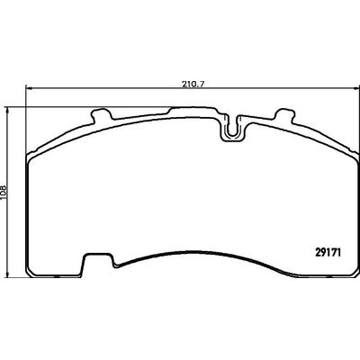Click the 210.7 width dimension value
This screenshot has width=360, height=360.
coord(189,85)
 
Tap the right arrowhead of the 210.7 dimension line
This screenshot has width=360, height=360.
coord(349,91)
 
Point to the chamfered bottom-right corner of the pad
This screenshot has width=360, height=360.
coord(345,265)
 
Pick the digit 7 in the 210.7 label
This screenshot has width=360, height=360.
coord(200,85)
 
